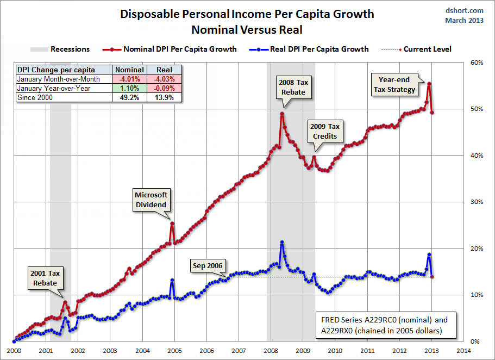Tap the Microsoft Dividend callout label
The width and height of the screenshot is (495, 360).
click(152, 200)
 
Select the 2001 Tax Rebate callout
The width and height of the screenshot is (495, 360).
click(46, 278)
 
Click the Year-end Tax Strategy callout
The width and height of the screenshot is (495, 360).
click(394, 85)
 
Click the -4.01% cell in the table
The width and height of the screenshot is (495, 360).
click(129, 79)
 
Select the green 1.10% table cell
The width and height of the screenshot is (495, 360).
click(129, 88)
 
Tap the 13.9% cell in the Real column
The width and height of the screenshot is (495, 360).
click(164, 97)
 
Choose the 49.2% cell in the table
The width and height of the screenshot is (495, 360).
click(129, 97)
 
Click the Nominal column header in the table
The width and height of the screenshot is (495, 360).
click(129, 70)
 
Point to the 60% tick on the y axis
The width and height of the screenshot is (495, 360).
click(477, 63)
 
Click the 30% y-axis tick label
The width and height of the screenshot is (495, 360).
click(477, 202)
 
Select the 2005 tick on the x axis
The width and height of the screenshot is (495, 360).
click(174, 351)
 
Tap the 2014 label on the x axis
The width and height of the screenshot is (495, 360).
click(463, 351)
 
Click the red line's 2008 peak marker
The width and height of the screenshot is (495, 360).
click(282, 114)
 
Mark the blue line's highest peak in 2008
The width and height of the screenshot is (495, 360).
click(282, 243)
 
